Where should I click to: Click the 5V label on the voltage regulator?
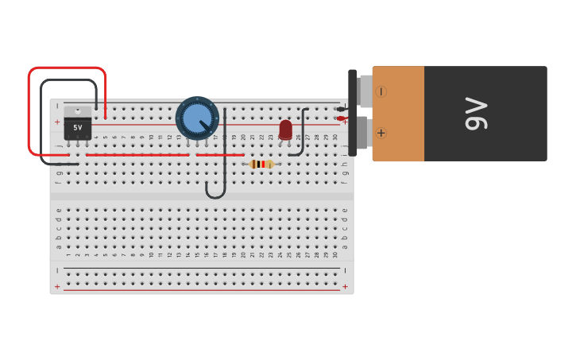coord(77,127)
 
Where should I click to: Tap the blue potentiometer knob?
coord(197,118)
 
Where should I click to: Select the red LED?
coord(285,129)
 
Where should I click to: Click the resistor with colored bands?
coord(261,165)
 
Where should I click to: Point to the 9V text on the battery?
coord(475,113)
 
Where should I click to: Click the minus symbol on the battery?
coord(381,91)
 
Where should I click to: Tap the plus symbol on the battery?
coord(381,133)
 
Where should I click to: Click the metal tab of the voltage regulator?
coord(77,111)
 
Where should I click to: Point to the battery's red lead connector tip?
coord(341,118)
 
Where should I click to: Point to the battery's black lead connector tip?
coord(341,109)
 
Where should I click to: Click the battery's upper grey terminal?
coord(365,91)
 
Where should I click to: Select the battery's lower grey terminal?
coord(361,133)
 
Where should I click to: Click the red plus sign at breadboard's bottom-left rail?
coord(56,286)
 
